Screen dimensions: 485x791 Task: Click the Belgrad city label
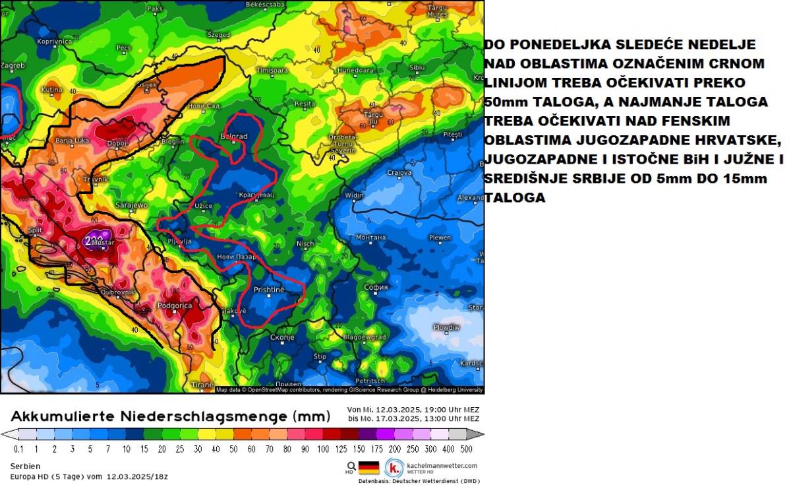pyautogui.click(x=233, y=137)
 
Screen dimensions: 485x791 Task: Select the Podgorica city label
pyautogui.click(x=174, y=306)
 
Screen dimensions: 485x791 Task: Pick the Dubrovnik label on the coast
pyautogui.click(x=118, y=291)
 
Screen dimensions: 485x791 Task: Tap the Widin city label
pyautogui.click(x=354, y=196)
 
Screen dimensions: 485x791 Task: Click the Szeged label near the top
pyautogui.click(x=218, y=35)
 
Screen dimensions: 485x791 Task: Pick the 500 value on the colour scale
pyautogui.click(x=466, y=449)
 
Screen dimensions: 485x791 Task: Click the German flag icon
pyautogui.click(x=368, y=468)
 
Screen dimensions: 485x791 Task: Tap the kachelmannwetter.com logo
pyautogui.click(x=395, y=468)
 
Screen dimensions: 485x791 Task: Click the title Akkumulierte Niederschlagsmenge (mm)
pyautogui.click(x=170, y=416)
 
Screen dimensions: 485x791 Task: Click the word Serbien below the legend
pyautogui.click(x=24, y=466)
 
